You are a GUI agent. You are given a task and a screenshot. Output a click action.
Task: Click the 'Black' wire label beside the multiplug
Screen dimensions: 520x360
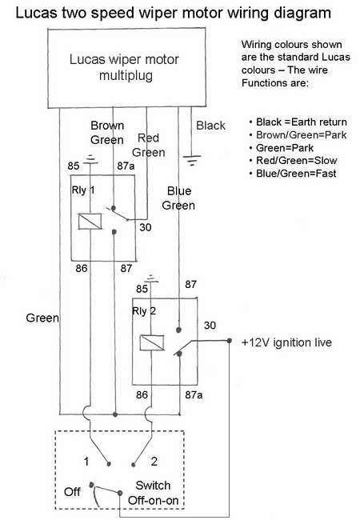210,126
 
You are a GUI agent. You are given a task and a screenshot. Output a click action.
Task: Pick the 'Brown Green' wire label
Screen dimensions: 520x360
106,133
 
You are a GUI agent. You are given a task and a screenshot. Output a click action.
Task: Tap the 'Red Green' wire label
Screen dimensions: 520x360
149,145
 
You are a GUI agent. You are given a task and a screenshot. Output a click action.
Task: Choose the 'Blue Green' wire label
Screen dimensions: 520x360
178,198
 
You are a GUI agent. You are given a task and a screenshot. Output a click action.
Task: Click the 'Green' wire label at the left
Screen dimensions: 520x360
42,318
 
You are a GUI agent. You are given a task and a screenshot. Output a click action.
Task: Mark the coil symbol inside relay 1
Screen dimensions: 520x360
88,222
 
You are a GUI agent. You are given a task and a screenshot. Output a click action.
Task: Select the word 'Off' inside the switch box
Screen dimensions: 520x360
72,490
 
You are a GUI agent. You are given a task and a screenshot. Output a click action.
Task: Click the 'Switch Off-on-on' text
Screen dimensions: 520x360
152,493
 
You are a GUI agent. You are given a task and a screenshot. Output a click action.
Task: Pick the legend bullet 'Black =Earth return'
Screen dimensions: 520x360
298,122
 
